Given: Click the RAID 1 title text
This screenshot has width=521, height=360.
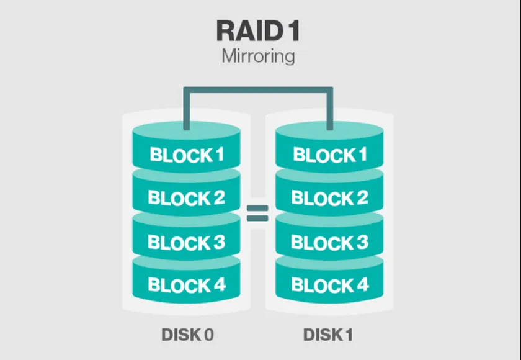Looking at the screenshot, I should click(259, 30).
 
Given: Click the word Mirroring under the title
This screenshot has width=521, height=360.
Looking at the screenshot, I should click(258, 56).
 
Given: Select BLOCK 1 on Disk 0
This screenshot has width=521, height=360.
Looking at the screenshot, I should click(186, 154).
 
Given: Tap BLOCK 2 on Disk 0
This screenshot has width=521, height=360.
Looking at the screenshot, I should click(186, 198).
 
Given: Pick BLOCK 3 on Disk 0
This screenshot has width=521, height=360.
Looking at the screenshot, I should click(186, 242).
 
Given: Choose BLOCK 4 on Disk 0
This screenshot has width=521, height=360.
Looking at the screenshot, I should click(186, 286).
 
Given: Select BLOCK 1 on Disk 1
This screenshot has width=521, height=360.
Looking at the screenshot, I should click(329, 154).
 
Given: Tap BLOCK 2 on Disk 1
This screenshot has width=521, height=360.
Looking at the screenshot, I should click(329, 198).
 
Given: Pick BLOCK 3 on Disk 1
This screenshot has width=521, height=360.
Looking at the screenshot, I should click(329, 242).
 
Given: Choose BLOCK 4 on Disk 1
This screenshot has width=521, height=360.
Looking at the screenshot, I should click(329, 286).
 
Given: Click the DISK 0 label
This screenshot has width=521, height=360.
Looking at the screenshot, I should click(187, 335).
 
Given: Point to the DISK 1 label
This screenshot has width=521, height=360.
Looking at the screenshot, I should click(328, 335).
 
